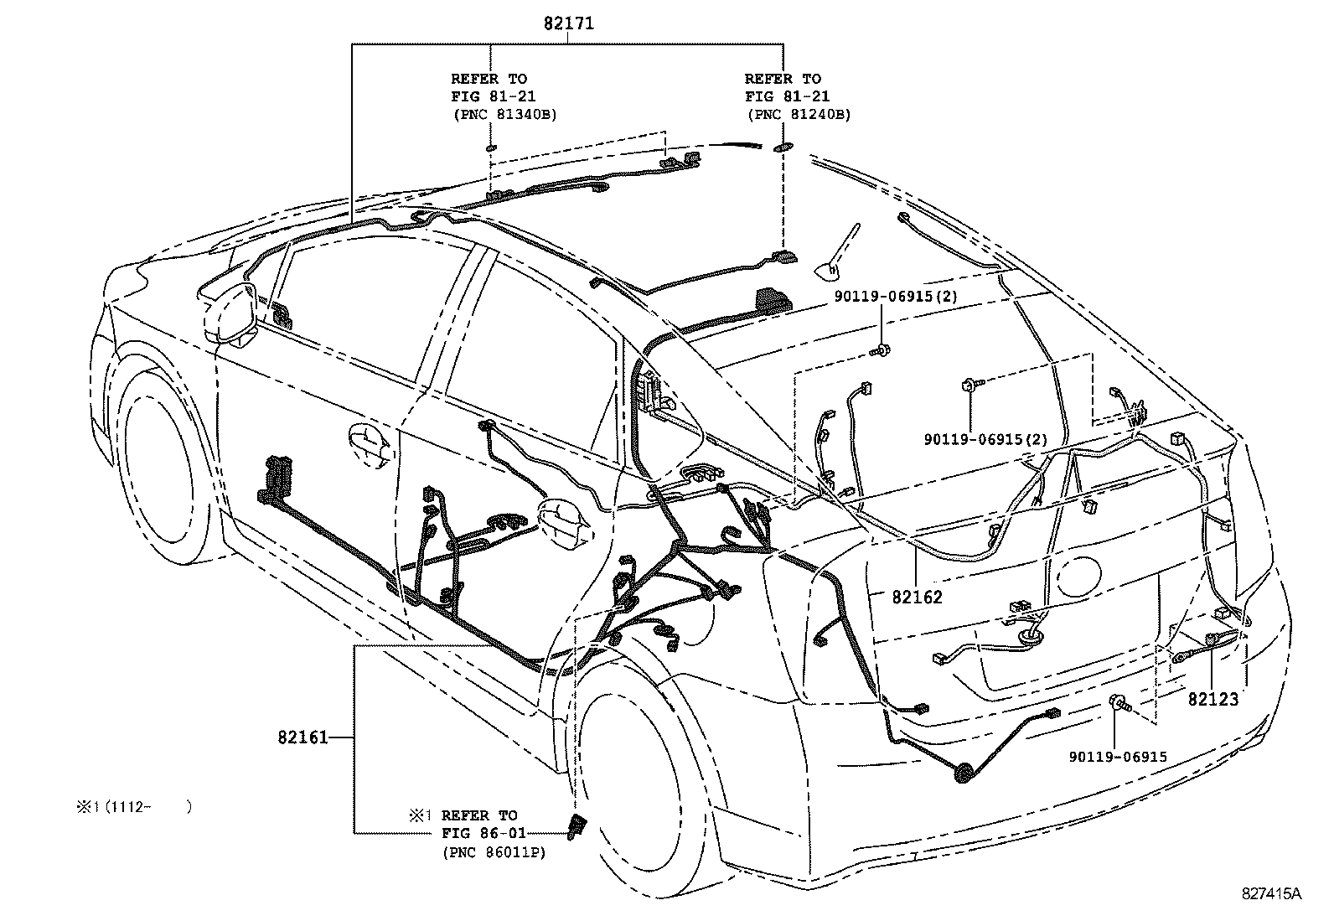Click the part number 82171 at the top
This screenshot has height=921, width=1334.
(x=569, y=23)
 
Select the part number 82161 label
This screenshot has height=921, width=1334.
(x=302, y=737)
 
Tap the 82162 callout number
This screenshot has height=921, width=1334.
(x=917, y=597)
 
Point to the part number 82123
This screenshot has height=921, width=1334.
(x=1213, y=699)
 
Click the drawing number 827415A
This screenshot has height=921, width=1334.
(x=1271, y=893)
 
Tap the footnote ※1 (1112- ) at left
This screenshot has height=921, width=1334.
(x=134, y=807)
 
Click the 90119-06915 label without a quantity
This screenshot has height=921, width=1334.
(x=1118, y=757)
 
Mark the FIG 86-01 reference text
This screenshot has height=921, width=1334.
(x=483, y=833)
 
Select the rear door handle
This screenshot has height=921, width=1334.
(x=564, y=522)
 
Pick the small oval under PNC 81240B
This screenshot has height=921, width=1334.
(x=783, y=147)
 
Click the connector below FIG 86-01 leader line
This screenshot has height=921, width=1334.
(x=577, y=826)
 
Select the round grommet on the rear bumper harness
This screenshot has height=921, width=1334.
(x=963, y=774)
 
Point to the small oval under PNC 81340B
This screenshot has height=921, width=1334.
(x=491, y=147)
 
